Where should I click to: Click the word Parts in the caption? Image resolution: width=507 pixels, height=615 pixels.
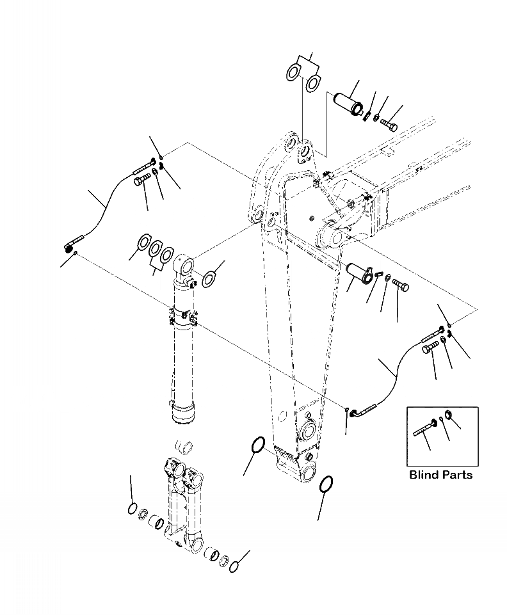(x=457, y=475)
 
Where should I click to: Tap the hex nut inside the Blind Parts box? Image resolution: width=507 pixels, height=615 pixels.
(x=449, y=416)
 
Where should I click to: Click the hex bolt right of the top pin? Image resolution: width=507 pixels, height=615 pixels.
(x=389, y=124)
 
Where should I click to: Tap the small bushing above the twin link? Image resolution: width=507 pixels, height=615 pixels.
(x=184, y=446)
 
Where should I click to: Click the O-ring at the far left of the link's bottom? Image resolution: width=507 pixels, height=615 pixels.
(x=131, y=509)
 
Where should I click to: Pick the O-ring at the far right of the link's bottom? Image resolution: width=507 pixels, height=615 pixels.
(x=234, y=566)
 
